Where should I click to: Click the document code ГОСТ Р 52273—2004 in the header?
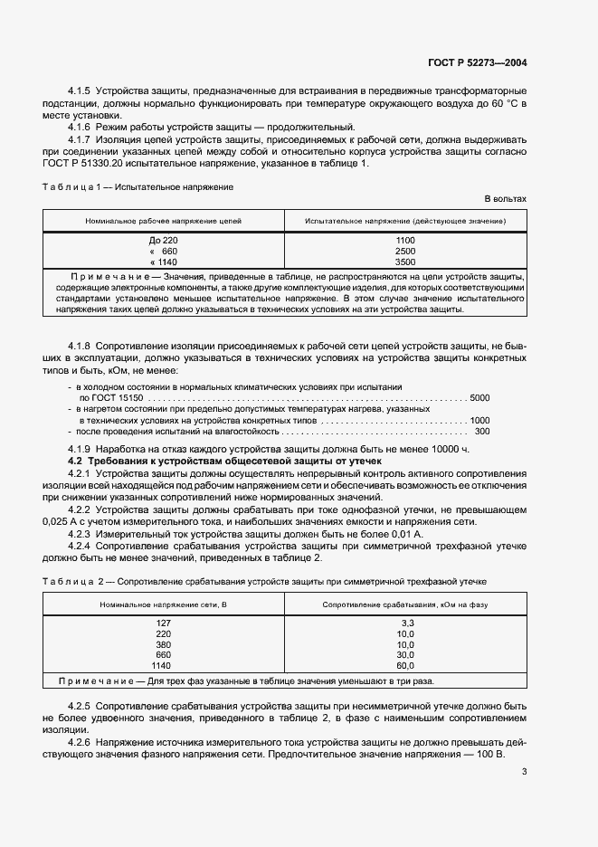coord(476,62)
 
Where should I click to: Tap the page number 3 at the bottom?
coord(523,772)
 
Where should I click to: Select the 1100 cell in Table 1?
coord(405,240)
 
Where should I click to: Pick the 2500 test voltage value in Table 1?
coord(405,251)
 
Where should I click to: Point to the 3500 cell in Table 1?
coord(405,262)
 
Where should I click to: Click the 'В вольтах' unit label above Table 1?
coord(505,198)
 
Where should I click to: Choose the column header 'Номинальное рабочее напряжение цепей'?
coord(164,221)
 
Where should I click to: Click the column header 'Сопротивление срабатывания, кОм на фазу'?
coord(405,604)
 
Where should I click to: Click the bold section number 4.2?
coord(76,462)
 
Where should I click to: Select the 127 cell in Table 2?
coord(164,623)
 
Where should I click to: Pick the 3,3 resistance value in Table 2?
coord(406,623)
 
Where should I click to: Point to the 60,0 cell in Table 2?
coord(405,665)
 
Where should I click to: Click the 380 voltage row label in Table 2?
coord(164,644)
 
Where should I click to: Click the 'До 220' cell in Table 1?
coord(164,240)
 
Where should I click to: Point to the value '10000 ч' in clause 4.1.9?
coord(451,450)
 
